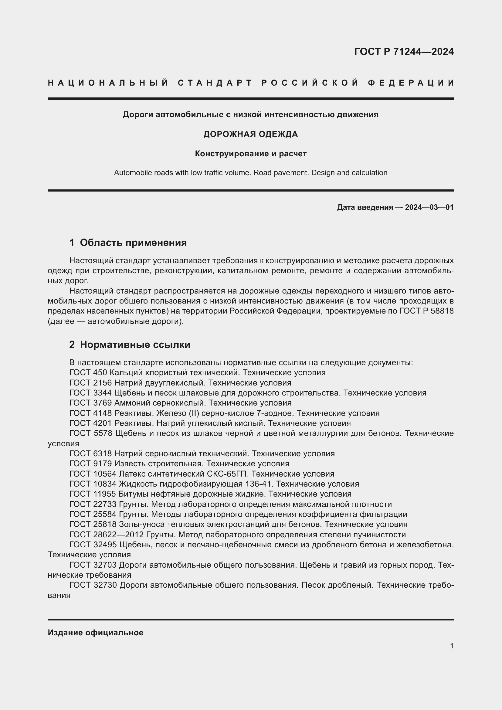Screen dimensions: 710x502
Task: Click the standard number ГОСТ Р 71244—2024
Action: (404, 52)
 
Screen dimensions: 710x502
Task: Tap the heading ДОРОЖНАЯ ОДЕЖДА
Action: (251, 134)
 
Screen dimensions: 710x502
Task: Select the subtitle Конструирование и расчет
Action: (251, 154)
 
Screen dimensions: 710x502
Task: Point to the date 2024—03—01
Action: (429, 207)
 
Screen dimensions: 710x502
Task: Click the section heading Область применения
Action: (133, 243)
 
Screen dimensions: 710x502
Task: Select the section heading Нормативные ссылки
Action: (135, 345)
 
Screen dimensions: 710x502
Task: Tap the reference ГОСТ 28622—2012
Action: (106, 535)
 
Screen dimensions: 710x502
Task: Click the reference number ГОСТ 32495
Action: (93, 545)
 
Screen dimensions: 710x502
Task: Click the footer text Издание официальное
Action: (96, 633)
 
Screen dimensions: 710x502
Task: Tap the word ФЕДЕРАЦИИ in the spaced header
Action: (411, 83)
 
